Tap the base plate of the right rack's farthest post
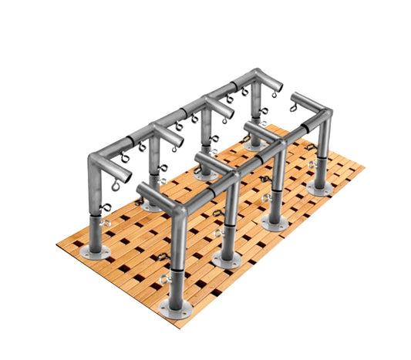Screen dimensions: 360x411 tap(319, 187)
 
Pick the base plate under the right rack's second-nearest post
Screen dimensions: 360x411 tap(226, 260)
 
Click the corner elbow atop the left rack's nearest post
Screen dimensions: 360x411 tap(96, 160)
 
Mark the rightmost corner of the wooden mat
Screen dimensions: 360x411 tap(364, 167)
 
